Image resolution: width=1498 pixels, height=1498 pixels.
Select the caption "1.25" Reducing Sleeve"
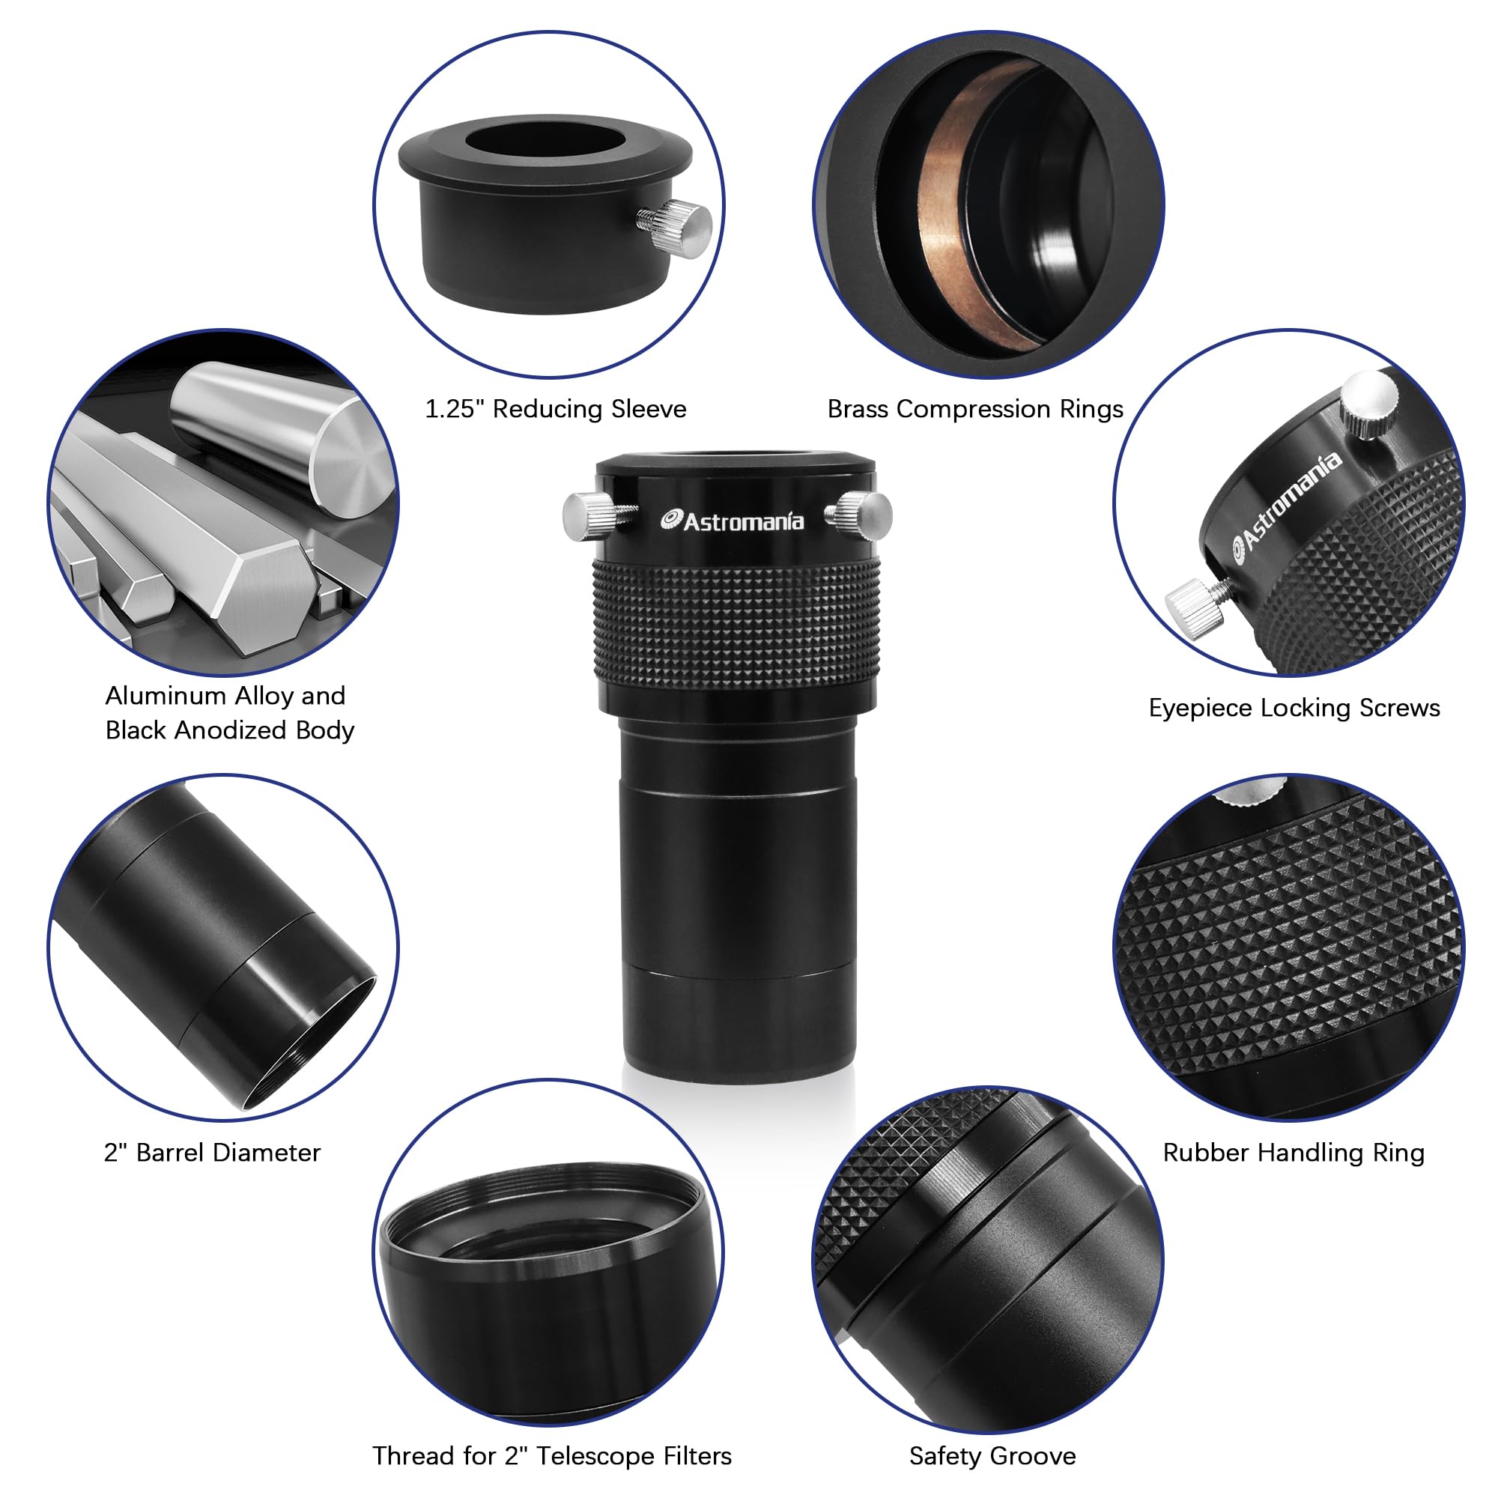[555, 410]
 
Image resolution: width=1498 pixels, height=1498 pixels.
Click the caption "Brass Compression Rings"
[974, 410]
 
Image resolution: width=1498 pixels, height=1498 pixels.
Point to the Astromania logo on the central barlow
[732, 522]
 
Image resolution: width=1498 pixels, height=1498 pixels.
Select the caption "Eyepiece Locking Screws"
[1294, 708]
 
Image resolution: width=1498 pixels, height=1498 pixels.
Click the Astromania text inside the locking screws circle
[1287, 508]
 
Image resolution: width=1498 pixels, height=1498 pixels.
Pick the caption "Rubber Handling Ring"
[1294, 1153]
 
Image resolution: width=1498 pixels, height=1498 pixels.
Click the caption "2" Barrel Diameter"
[212, 1153]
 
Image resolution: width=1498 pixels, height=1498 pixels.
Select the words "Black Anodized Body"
[229, 730]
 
